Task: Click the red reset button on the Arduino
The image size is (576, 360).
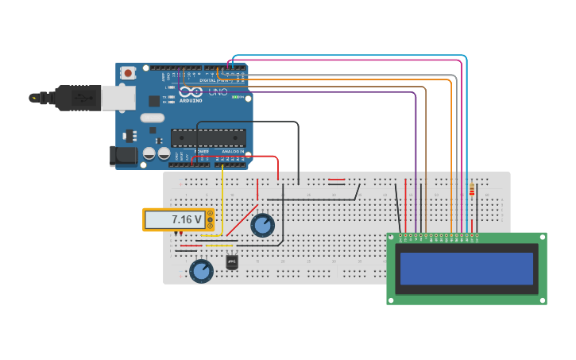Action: pos(128,72)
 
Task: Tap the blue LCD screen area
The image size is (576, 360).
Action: pos(466,269)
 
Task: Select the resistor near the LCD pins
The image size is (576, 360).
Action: pos(472,190)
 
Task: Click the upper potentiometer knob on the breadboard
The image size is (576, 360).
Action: pos(262,225)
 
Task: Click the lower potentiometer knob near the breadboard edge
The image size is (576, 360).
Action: pos(201,271)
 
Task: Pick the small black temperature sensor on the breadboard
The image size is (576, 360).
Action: pos(232,261)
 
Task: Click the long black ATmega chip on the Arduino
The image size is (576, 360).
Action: pos(207,137)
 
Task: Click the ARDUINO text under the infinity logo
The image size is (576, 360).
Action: pos(191,101)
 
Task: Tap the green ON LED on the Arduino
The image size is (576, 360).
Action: pos(237,97)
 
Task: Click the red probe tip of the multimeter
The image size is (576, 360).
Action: pos(180,234)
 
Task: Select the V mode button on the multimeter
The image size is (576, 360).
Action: pos(210,219)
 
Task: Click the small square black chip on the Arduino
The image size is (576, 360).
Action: pos(153,101)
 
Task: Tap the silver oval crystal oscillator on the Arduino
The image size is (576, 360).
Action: pos(152,118)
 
